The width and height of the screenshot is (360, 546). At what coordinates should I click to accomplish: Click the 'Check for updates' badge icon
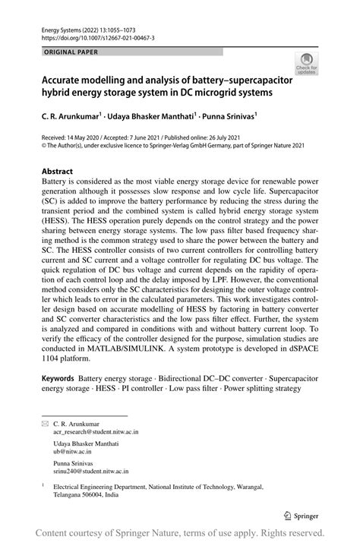[x=306, y=62]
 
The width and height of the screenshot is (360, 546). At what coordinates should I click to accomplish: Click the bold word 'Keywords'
[x=58, y=377]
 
